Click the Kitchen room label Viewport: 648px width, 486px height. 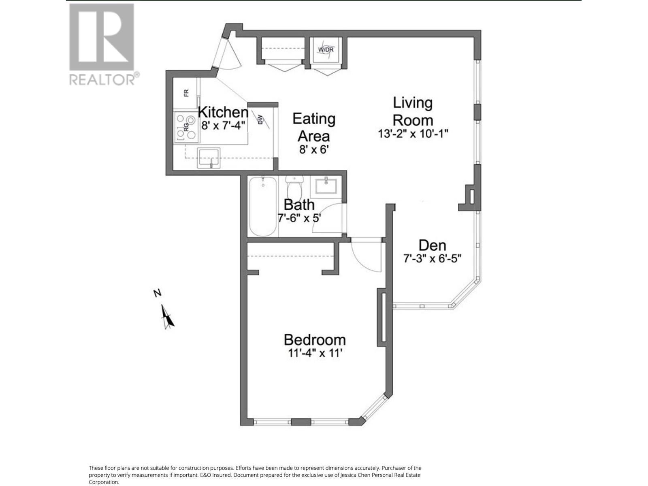tap(223, 112)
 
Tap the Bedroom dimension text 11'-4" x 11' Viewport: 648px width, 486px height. tap(315, 353)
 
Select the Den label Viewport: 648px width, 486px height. tap(432, 245)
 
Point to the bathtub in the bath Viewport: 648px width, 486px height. tap(263, 206)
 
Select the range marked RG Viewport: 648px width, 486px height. tap(187, 128)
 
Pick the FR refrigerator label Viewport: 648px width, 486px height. tap(186, 93)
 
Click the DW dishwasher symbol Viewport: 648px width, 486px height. tap(260, 119)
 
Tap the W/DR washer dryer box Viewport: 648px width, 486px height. tap(326, 50)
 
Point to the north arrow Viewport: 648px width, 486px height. tap(167, 317)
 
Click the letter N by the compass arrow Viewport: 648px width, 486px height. tap(158, 293)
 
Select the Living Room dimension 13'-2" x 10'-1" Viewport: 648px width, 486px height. tap(413, 134)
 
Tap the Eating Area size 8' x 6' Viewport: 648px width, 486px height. tap(313, 149)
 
